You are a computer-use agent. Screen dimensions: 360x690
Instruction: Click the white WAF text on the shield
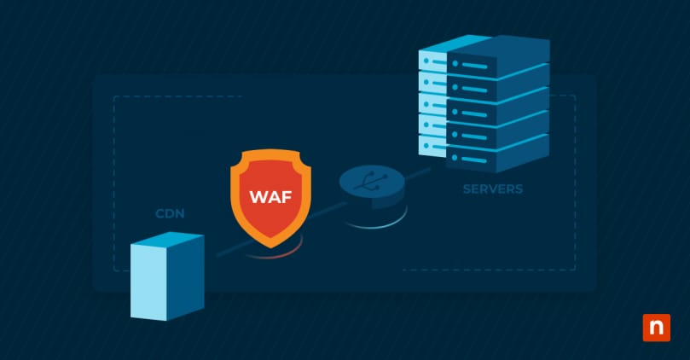point(270,196)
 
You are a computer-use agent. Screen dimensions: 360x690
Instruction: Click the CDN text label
point(171,212)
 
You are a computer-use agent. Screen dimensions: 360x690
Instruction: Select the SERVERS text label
point(493,189)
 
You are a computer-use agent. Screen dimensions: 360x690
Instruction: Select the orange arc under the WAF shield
point(271,253)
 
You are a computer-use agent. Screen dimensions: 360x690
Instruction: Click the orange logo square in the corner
point(656,328)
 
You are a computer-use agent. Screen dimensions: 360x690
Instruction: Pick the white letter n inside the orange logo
point(656,328)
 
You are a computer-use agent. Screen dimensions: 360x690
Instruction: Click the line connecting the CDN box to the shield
point(223,249)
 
